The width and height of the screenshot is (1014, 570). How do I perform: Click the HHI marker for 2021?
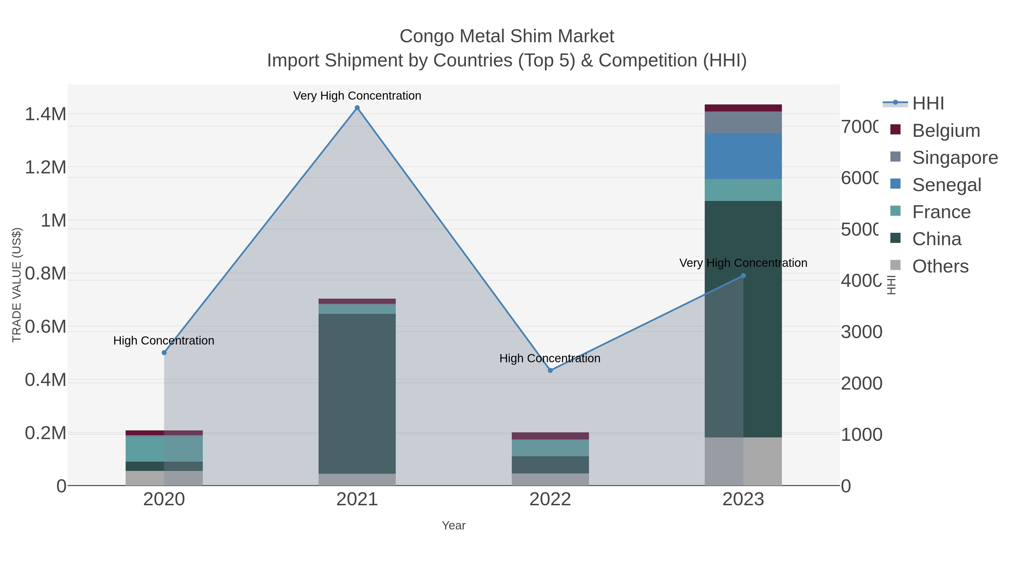point(357,108)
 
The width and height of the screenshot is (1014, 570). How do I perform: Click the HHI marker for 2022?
point(550,370)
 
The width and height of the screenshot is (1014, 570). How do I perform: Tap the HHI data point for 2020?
point(164,352)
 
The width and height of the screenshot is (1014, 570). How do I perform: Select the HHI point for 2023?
point(743,276)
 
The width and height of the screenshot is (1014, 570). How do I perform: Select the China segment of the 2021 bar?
point(357,394)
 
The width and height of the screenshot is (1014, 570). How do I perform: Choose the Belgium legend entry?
point(946,131)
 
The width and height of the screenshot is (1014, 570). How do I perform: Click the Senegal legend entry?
point(946,185)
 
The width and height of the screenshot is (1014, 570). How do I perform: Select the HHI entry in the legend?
point(928,104)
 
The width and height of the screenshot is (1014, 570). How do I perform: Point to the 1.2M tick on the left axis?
point(45,167)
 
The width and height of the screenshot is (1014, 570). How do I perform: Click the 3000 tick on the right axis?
point(861,332)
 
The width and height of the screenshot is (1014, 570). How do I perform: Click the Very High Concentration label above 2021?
point(357,96)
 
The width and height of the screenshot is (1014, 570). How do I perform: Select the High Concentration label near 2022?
point(550,358)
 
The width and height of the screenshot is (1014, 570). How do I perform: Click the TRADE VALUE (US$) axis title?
point(17,285)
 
